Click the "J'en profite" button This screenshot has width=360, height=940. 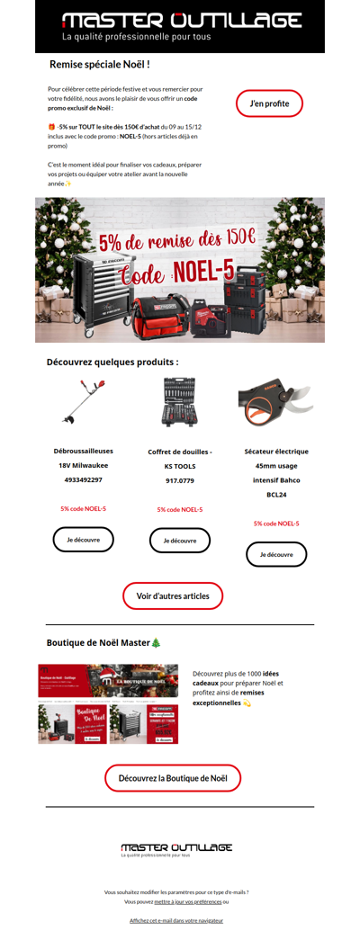(269, 103)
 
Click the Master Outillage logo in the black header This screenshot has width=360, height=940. (181, 25)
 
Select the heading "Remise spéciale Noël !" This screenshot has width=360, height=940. (99, 65)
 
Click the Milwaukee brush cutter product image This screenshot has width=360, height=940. (84, 402)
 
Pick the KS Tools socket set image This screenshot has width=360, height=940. (180, 402)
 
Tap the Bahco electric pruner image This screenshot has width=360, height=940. (275, 402)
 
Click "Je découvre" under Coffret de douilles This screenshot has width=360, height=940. (179, 541)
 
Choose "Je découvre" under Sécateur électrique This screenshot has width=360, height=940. (276, 554)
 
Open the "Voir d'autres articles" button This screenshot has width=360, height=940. (173, 595)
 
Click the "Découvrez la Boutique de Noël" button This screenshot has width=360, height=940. (173, 778)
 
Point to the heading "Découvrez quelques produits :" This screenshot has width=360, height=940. (112, 363)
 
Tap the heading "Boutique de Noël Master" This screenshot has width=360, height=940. (103, 642)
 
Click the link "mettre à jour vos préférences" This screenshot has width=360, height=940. (187, 901)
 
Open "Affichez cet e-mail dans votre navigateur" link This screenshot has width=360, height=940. (176, 920)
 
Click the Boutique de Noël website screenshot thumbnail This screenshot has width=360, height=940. (108, 704)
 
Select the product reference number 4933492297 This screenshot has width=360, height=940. (84, 479)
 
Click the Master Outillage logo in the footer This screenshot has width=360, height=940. (176, 848)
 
